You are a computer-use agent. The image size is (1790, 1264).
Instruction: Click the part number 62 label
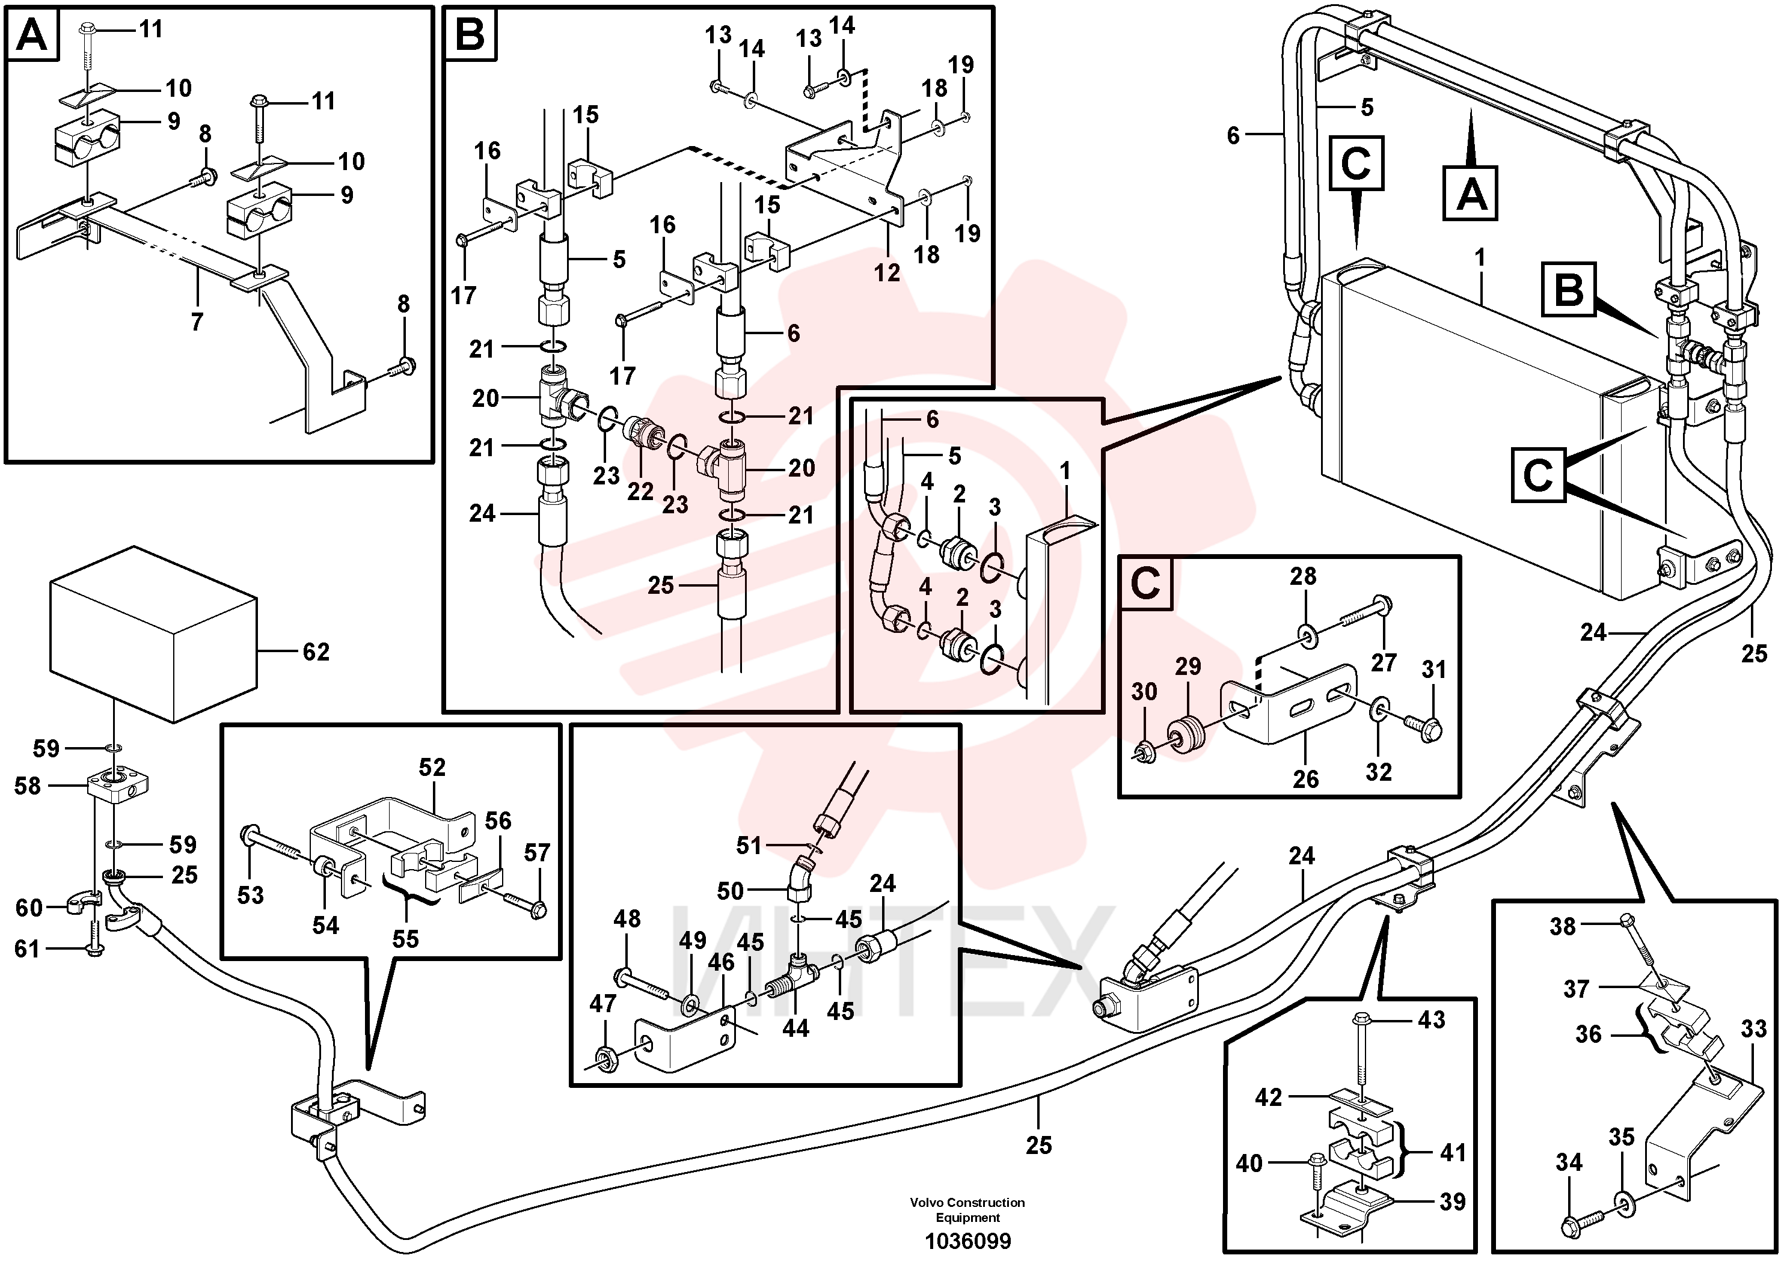(x=316, y=652)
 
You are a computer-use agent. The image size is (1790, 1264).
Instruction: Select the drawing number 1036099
(x=967, y=1241)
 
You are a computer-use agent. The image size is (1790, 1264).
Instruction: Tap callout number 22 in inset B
(x=640, y=492)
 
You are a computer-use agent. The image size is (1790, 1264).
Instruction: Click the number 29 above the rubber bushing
(x=1188, y=667)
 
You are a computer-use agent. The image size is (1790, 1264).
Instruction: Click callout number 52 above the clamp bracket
(x=432, y=768)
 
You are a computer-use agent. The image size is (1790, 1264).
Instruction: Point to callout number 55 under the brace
(x=405, y=939)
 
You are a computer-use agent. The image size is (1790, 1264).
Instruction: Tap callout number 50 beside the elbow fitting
(x=731, y=891)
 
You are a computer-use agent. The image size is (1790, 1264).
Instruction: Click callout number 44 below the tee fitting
(x=795, y=1028)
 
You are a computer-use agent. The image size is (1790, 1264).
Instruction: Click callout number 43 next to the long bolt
(x=1432, y=1019)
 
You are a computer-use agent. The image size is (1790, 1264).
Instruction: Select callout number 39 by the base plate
(x=1453, y=1201)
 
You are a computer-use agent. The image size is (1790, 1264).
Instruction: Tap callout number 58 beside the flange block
(x=27, y=786)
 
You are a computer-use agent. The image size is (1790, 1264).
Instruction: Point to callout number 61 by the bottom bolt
(x=27, y=948)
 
